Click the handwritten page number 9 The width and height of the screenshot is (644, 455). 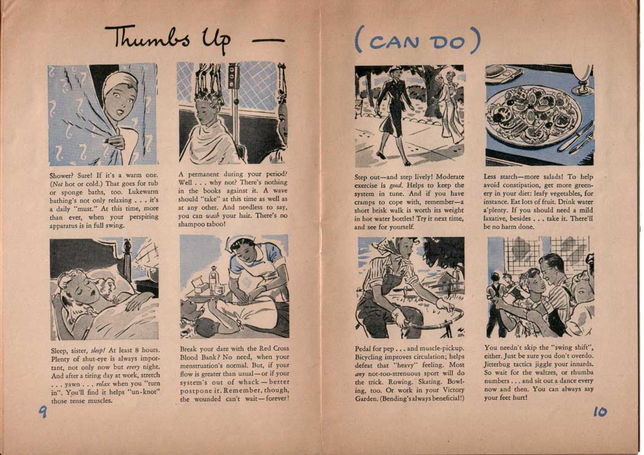43,411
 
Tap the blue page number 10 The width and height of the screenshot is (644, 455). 600,412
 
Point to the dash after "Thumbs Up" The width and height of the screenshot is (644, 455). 268,40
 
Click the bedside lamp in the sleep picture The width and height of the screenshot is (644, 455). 148,262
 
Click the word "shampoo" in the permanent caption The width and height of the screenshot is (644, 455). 191,224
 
